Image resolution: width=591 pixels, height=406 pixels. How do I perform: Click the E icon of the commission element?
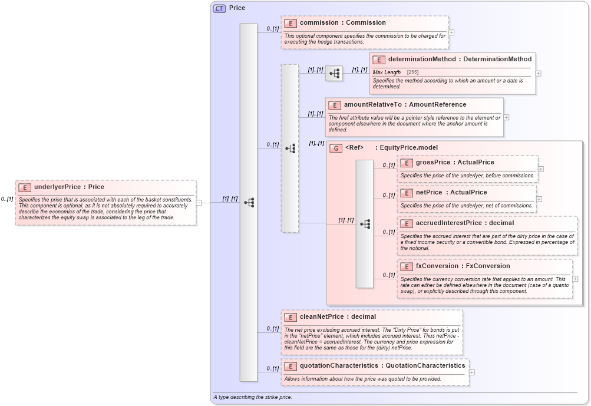(290, 23)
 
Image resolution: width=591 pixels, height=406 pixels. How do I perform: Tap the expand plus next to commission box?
(451, 33)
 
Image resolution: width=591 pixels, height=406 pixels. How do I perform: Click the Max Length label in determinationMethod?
(387, 72)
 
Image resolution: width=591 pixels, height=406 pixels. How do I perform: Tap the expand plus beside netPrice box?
(539, 199)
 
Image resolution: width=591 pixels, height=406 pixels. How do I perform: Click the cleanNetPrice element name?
(321, 316)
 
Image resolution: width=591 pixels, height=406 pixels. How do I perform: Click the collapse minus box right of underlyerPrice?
(199, 203)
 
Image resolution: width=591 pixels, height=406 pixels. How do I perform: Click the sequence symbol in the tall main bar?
(249, 203)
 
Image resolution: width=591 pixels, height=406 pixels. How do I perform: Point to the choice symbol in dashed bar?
(290, 148)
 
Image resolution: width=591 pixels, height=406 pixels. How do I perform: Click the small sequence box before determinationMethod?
(334, 74)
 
